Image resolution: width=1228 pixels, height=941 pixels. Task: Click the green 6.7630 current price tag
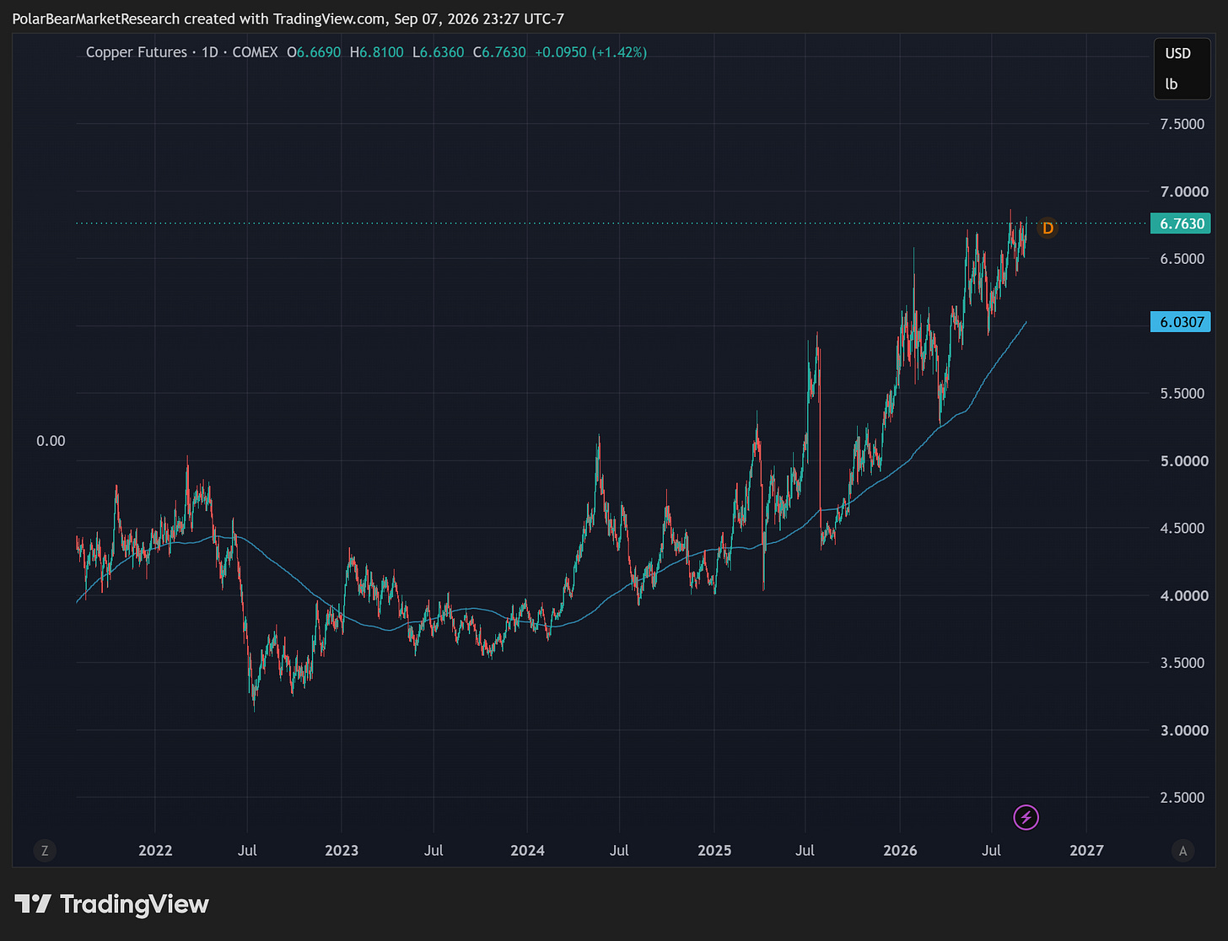pyautogui.click(x=1180, y=223)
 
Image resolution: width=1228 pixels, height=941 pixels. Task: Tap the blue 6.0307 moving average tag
pyautogui.click(x=1180, y=322)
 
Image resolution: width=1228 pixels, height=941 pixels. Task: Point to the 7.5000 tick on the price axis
pyautogui.click(x=1182, y=124)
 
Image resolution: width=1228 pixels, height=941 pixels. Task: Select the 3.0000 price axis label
pyautogui.click(x=1184, y=730)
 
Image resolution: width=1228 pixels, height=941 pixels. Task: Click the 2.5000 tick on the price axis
pyautogui.click(x=1182, y=798)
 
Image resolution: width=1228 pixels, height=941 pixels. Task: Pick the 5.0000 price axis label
pyautogui.click(x=1184, y=461)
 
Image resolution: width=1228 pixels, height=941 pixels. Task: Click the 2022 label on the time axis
pyautogui.click(x=155, y=850)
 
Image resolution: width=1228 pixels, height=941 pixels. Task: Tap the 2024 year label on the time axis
pyautogui.click(x=527, y=850)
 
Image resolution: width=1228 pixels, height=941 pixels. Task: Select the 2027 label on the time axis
pyautogui.click(x=1086, y=850)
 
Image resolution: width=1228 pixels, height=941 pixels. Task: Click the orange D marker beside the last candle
pyautogui.click(x=1048, y=229)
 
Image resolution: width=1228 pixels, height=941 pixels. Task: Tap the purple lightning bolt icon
pyautogui.click(x=1026, y=817)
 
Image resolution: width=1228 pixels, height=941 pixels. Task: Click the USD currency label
pyautogui.click(x=1177, y=53)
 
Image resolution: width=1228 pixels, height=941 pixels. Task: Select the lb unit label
pyautogui.click(x=1171, y=84)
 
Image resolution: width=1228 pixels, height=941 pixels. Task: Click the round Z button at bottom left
pyautogui.click(x=45, y=850)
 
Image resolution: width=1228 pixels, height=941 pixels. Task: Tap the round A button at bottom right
pyautogui.click(x=1182, y=850)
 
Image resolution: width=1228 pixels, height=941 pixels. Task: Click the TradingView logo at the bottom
pyautogui.click(x=111, y=904)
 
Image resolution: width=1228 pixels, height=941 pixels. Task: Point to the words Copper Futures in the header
pyautogui.click(x=136, y=52)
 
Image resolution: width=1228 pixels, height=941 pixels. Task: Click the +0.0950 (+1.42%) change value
pyautogui.click(x=590, y=52)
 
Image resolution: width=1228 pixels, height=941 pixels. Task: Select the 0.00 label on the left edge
pyautogui.click(x=51, y=440)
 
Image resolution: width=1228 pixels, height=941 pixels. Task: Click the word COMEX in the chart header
pyautogui.click(x=255, y=52)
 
